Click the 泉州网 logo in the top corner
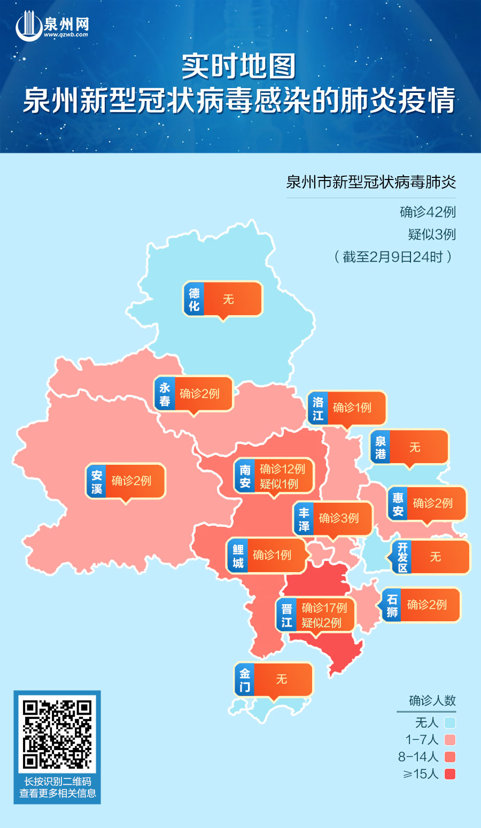(x=52, y=26)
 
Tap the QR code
(x=57, y=733)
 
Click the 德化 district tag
(x=223, y=299)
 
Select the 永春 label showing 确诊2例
(x=193, y=394)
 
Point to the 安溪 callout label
(x=126, y=481)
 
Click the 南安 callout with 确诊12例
(x=274, y=476)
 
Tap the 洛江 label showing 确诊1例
(x=347, y=408)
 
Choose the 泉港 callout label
(x=409, y=447)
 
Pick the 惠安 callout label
(x=426, y=504)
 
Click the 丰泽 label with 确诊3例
(x=332, y=519)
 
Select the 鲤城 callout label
(x=266, y=556)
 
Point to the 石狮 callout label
(x=421, y=605)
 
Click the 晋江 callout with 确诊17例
(x=316, y=615)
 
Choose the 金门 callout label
(x=273, y=679)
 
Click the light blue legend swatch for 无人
(x=449, y=723)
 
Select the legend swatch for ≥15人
(x=449, y=774)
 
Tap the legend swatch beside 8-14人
(x=449, y=756)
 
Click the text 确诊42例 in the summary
(x=428, y=212)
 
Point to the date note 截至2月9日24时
(x=393, y=257)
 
